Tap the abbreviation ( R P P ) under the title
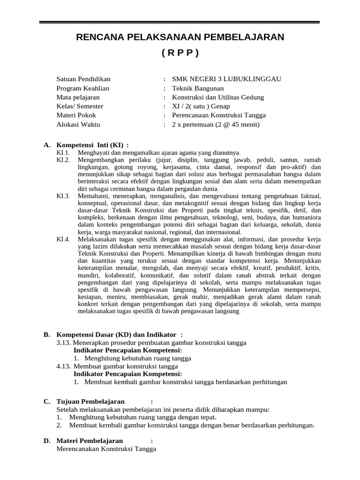pos(180,52)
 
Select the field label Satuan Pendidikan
pos(83,79)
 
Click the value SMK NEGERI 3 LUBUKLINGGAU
pos(226,79)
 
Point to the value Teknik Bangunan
pos(198,88)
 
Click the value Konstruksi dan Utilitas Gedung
pos(218,97)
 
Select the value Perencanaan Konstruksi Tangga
pos(219,115)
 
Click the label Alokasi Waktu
pos(78,125)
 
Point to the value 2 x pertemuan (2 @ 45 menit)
pos(216,125)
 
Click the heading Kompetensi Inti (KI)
pos(92,145)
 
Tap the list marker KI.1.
pos(63,153)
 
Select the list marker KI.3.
pos(63,195)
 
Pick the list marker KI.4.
pos(63,239)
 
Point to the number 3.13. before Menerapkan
pos(64,343)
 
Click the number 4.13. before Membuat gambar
pos(64,366)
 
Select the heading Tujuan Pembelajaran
pos(90,402)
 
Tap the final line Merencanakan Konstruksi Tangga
pos(106,449)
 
